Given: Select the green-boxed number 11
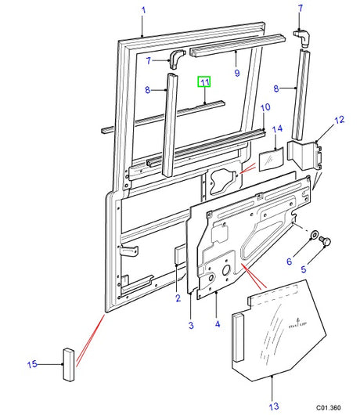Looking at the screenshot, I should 203,82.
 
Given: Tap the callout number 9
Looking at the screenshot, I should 236,74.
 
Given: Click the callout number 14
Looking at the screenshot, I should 276,128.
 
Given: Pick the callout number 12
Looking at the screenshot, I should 339,120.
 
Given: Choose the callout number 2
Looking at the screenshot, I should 178,298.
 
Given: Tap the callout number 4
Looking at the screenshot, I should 216,325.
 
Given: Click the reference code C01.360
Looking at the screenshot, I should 329,407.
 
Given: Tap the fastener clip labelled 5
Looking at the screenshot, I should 327,243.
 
